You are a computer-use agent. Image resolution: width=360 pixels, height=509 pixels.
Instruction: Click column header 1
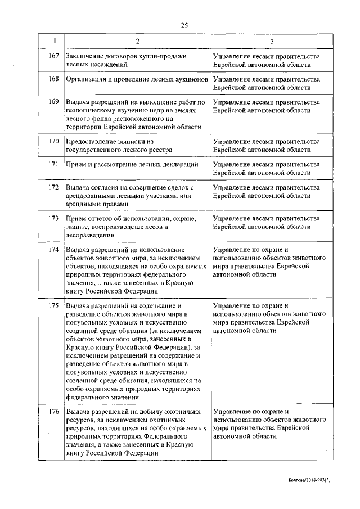(54, 41)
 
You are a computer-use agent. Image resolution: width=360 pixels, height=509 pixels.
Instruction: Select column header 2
(137, 41)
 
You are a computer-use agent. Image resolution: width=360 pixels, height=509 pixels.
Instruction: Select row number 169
(54, 102)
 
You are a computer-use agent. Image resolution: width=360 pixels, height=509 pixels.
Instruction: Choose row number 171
(54, 164)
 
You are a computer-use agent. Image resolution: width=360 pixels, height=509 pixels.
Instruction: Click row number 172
(54, 187)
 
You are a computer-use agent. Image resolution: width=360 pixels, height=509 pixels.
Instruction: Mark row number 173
(54, 218)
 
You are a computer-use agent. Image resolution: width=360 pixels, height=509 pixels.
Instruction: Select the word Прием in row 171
(76, 164)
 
